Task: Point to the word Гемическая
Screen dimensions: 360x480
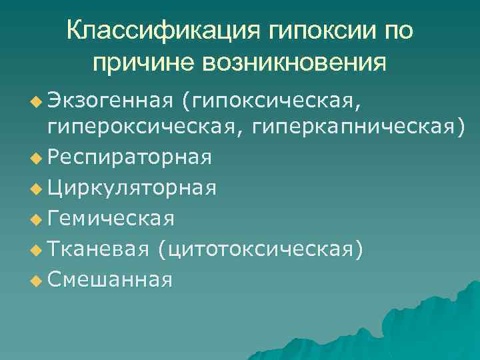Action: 111,217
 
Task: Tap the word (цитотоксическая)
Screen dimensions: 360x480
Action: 261,248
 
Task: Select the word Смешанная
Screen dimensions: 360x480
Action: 110,279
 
